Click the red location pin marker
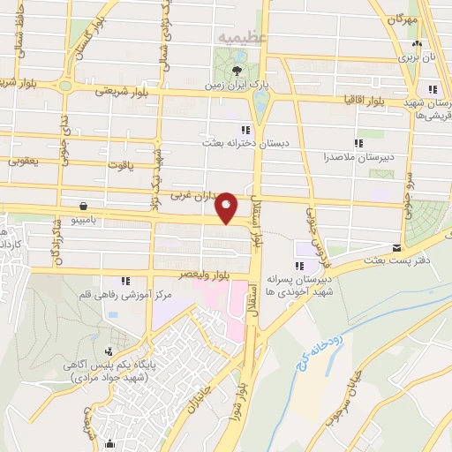pos(227,207)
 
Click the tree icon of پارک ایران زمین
pos(237,72)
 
